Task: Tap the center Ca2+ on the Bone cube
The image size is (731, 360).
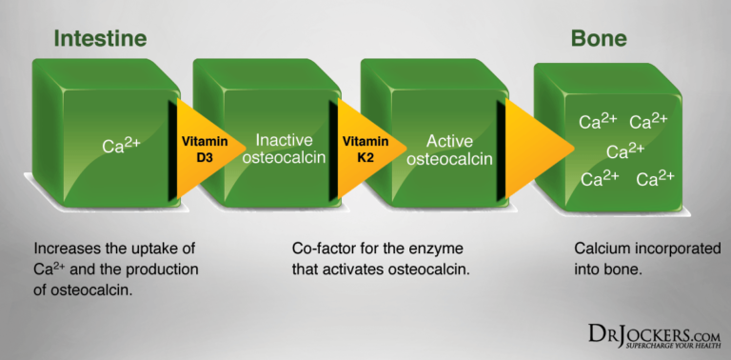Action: pos(625,150)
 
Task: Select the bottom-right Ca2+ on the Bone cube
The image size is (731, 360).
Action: pos(656,178)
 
